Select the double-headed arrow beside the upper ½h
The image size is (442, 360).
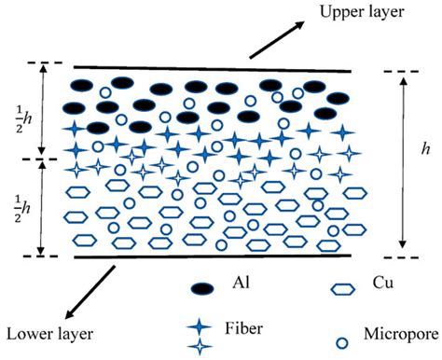pyautogui.click(x=42, y=112)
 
